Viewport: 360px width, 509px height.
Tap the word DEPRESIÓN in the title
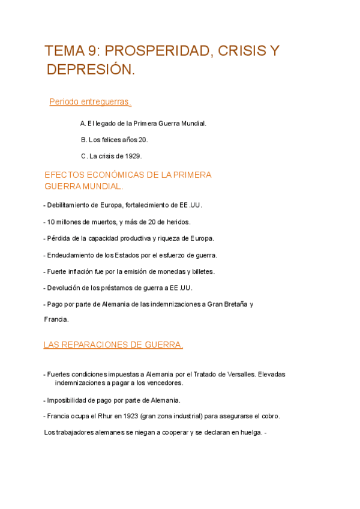pyautogui.click(x=91, y=70)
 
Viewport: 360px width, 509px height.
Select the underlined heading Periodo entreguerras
pyautogui.click(x=90, y=102)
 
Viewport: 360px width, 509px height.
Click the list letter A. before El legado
pyautogui.click(x=83, y=124)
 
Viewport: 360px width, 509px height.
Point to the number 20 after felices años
pyautogui.click(x=143, y=140)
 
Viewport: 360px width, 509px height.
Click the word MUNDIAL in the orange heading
pyautogui.click(x=103, y=186)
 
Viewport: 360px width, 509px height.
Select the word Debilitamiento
pyautogui.click(x=70, y=205)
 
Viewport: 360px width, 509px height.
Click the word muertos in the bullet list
pyautogui.click(x=104, y=222)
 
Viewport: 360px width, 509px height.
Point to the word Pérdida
pyautogui.click(x=59, y=238)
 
